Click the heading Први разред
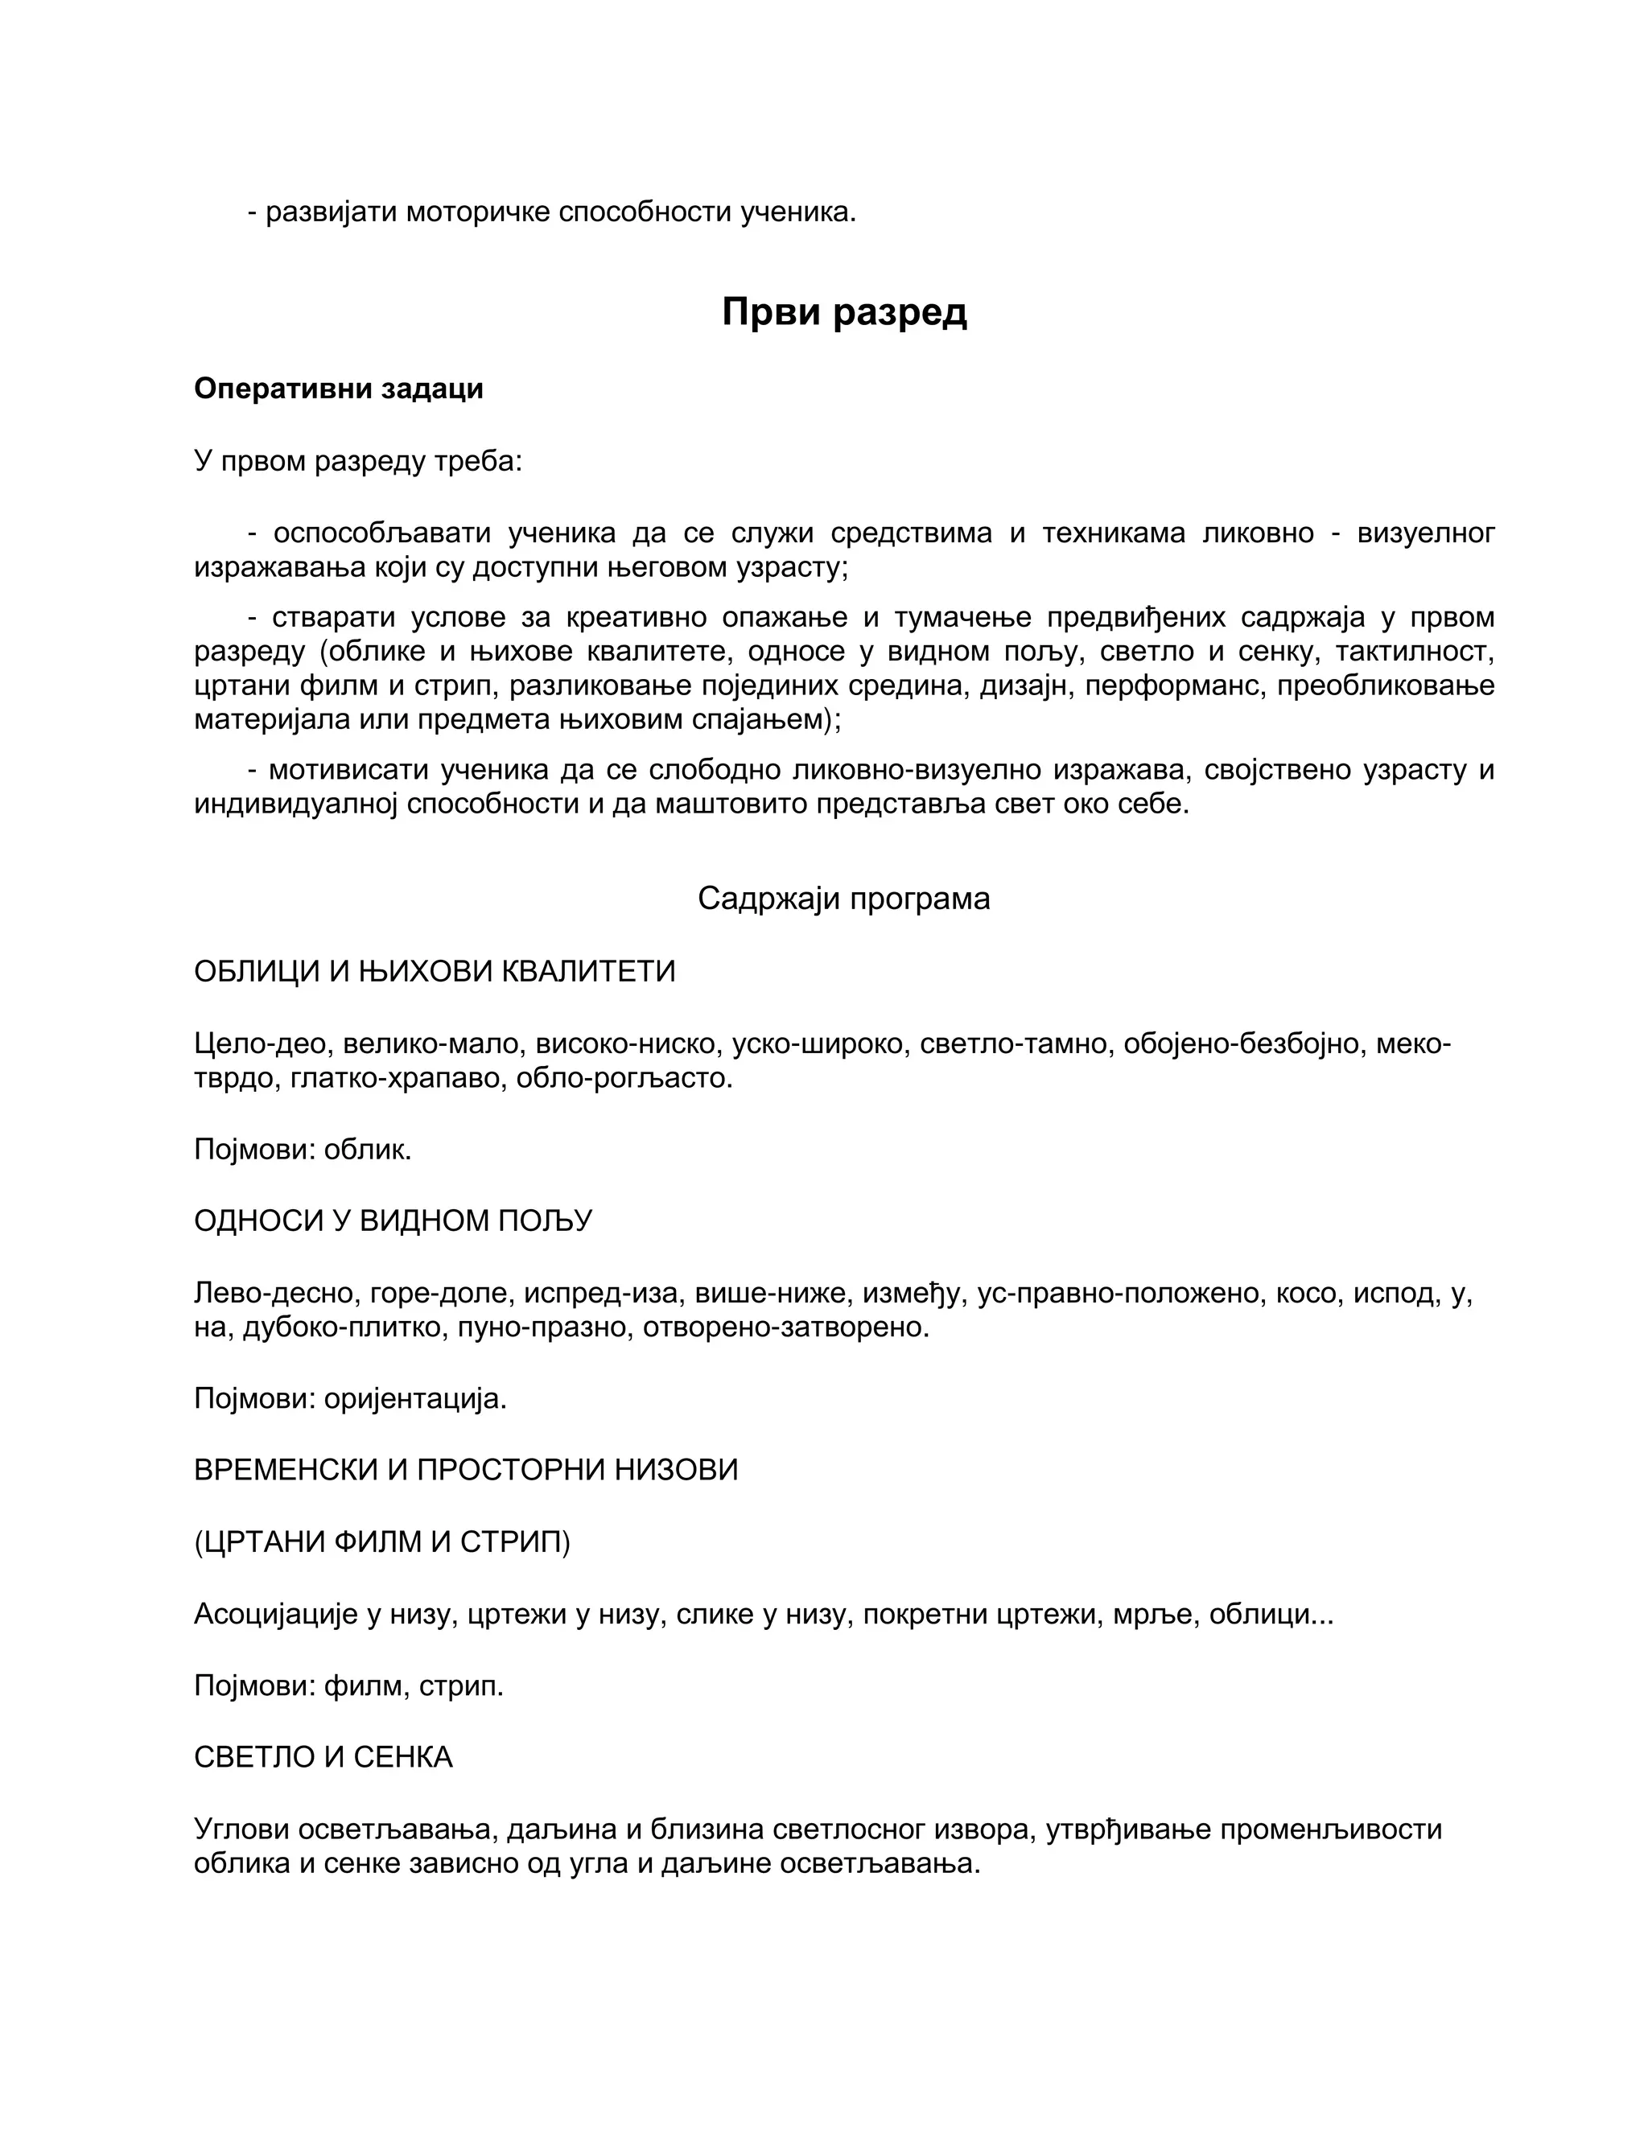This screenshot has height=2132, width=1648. click(843, 312)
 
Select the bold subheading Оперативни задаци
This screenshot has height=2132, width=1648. click(338, 389)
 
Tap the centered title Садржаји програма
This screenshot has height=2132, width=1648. click(843, 898)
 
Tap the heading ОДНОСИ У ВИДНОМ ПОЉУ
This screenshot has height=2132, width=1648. click(393, 1221)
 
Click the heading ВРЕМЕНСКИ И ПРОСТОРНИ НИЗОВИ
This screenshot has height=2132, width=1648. click(466, 1470)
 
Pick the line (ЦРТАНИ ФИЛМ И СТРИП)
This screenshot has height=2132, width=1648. click(381, 1541)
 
